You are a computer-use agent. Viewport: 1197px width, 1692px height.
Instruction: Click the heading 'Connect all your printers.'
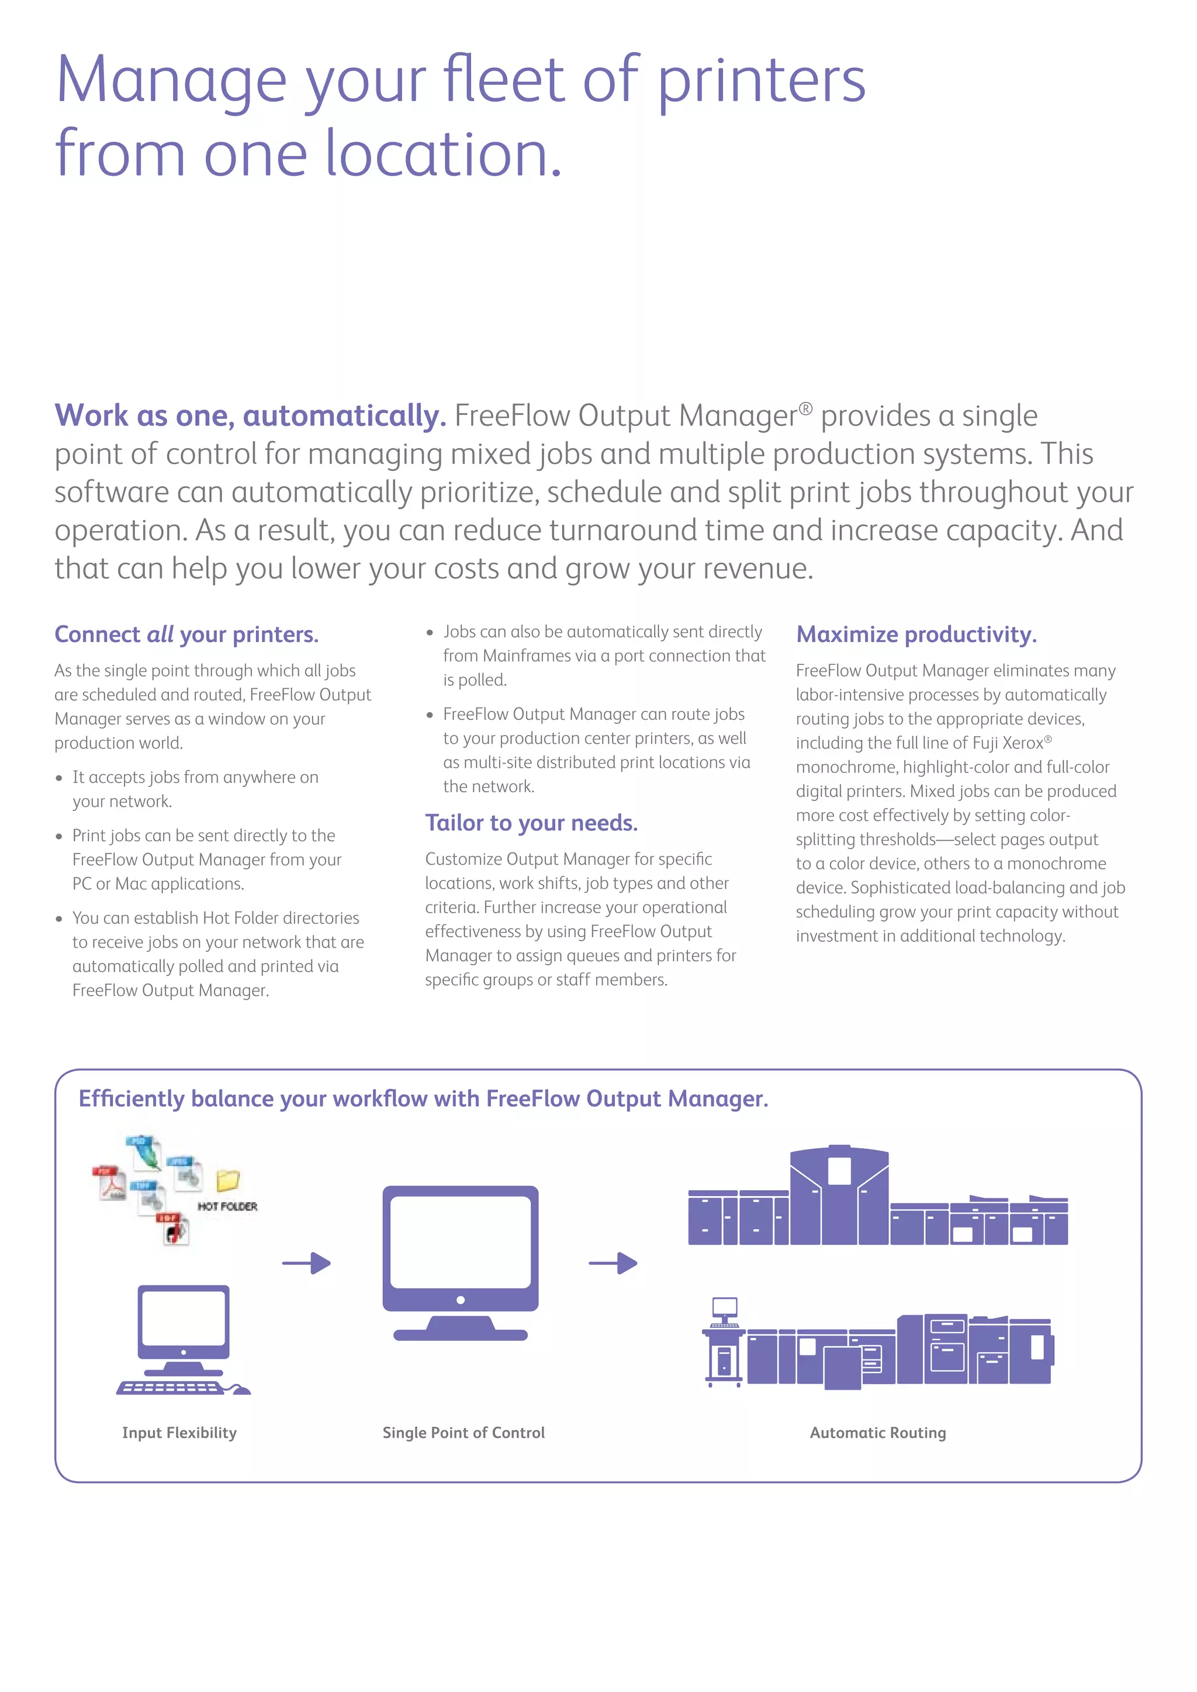tap(186, 634)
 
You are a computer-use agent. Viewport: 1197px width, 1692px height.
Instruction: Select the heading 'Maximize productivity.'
tap(916, 634)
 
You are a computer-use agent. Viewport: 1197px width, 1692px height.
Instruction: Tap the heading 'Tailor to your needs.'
tap(531, 823)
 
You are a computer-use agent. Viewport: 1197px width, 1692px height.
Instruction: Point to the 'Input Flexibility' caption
tap(179, 1433)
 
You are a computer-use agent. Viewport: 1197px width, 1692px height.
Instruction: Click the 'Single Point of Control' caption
tap(463, 1433)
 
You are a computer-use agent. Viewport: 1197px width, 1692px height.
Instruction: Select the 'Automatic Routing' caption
tap(878, 1433)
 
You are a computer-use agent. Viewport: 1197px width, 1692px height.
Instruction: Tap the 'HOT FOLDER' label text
tap(228, 1206)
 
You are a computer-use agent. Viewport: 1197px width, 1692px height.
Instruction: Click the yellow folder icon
tap(228, 1181)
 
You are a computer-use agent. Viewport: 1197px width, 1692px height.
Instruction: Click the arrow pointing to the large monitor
tap(307, 1263)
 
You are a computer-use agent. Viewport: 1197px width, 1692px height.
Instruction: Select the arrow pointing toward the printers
tap(613, 1263)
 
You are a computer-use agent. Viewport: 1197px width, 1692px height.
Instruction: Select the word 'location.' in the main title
tap(443, 154)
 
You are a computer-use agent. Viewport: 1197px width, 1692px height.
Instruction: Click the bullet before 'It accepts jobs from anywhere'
tap(59, 778)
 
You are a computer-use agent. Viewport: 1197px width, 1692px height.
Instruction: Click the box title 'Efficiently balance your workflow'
tap(423, 1099)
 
